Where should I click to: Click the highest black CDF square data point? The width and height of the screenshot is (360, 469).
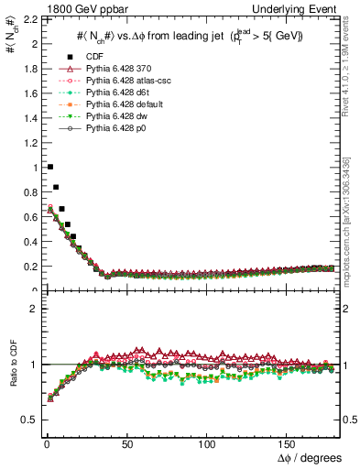click(x=49, y=167)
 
